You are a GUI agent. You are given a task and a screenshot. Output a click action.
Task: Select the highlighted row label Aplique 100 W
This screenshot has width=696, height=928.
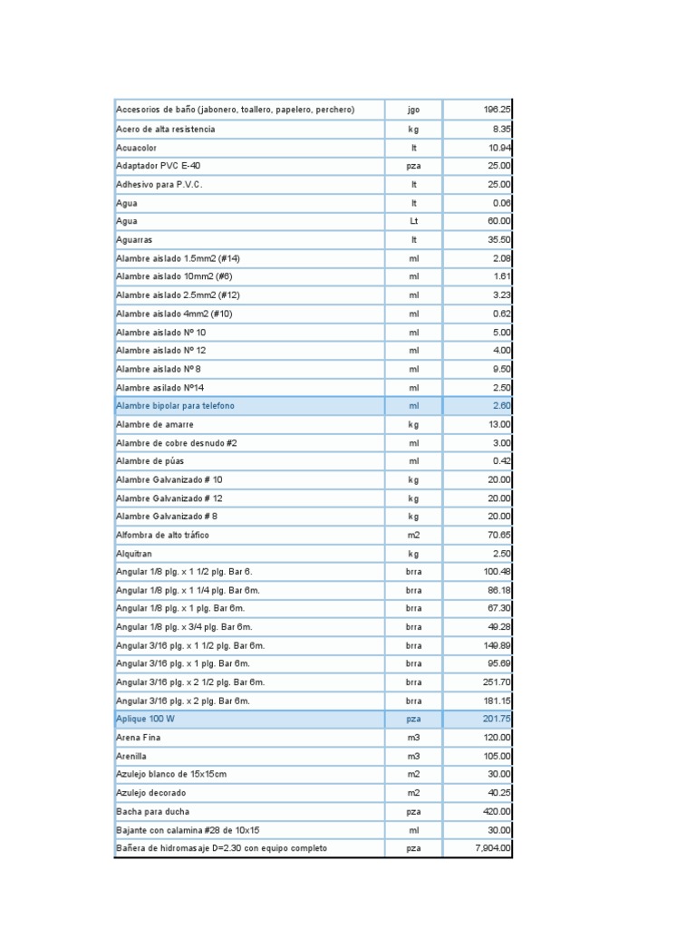click(146, 719)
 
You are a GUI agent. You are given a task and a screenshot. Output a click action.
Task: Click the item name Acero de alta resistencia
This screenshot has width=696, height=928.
click(166, 129)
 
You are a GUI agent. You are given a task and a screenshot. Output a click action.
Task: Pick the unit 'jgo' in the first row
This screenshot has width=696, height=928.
click(414, 110)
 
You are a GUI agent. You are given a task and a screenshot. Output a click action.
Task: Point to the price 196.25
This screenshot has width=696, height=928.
click(497, 110)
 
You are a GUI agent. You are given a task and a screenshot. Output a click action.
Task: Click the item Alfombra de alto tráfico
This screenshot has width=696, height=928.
click(163, 535)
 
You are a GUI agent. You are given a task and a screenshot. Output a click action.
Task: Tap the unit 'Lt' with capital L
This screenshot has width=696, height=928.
click(414, 221)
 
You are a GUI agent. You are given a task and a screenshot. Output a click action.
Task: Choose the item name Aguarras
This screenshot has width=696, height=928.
click(134, 239)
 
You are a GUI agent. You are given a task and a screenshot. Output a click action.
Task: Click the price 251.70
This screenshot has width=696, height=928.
click(497, 681)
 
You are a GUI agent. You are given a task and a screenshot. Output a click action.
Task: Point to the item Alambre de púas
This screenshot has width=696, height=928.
click(150, 460)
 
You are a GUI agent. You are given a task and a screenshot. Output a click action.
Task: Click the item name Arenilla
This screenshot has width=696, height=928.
click(131, 756)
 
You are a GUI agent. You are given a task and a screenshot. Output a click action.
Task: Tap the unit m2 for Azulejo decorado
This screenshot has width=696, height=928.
click(414, 793)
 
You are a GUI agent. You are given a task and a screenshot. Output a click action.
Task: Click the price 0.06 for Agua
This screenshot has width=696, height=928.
click(501, 203)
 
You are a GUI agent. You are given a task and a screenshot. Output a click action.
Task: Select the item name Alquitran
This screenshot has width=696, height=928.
click(134, 553)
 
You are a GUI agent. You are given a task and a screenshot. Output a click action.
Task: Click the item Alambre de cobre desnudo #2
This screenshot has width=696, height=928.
click(177, 442)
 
